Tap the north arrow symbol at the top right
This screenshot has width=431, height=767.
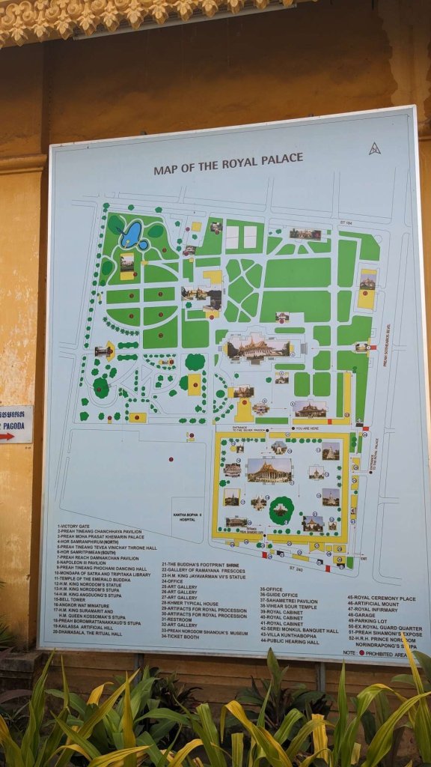tap(374, 148)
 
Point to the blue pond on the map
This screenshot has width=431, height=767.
tap(132, 234)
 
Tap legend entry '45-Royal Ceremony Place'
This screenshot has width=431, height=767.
tap(381, 598)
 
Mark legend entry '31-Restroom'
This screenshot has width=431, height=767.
tap(180, 619)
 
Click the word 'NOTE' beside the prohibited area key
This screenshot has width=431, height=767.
tap(349, 653)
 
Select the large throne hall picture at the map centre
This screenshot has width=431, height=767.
tap(258, 347)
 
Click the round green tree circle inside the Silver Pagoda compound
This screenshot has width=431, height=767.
tap(281, 509)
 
